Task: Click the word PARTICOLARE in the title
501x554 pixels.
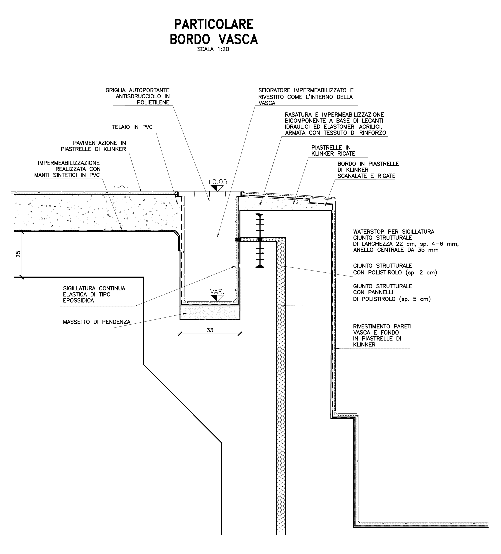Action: point(213,25)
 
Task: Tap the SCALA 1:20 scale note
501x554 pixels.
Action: point(213,49)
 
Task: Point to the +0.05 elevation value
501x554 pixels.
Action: point(217,182)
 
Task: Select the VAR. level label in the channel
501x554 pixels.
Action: point(217,292)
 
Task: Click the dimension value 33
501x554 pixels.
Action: point(210,330)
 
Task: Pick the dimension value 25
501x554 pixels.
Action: point(18,254)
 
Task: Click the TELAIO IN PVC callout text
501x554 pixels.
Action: point(132,127)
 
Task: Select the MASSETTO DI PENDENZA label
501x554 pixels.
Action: point(96,322)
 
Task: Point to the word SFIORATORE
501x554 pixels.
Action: point(274,90)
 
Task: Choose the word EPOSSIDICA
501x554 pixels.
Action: point(78,301)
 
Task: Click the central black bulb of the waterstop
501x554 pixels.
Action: point(260,239)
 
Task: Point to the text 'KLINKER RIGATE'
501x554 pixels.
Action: point(333,154)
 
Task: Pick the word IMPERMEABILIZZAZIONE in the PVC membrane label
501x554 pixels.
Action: point(69,163)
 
